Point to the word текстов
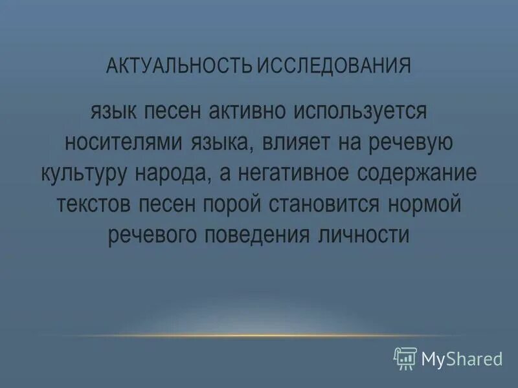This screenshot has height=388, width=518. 94,204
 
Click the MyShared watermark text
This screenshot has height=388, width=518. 462,358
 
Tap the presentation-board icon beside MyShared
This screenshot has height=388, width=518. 405,357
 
